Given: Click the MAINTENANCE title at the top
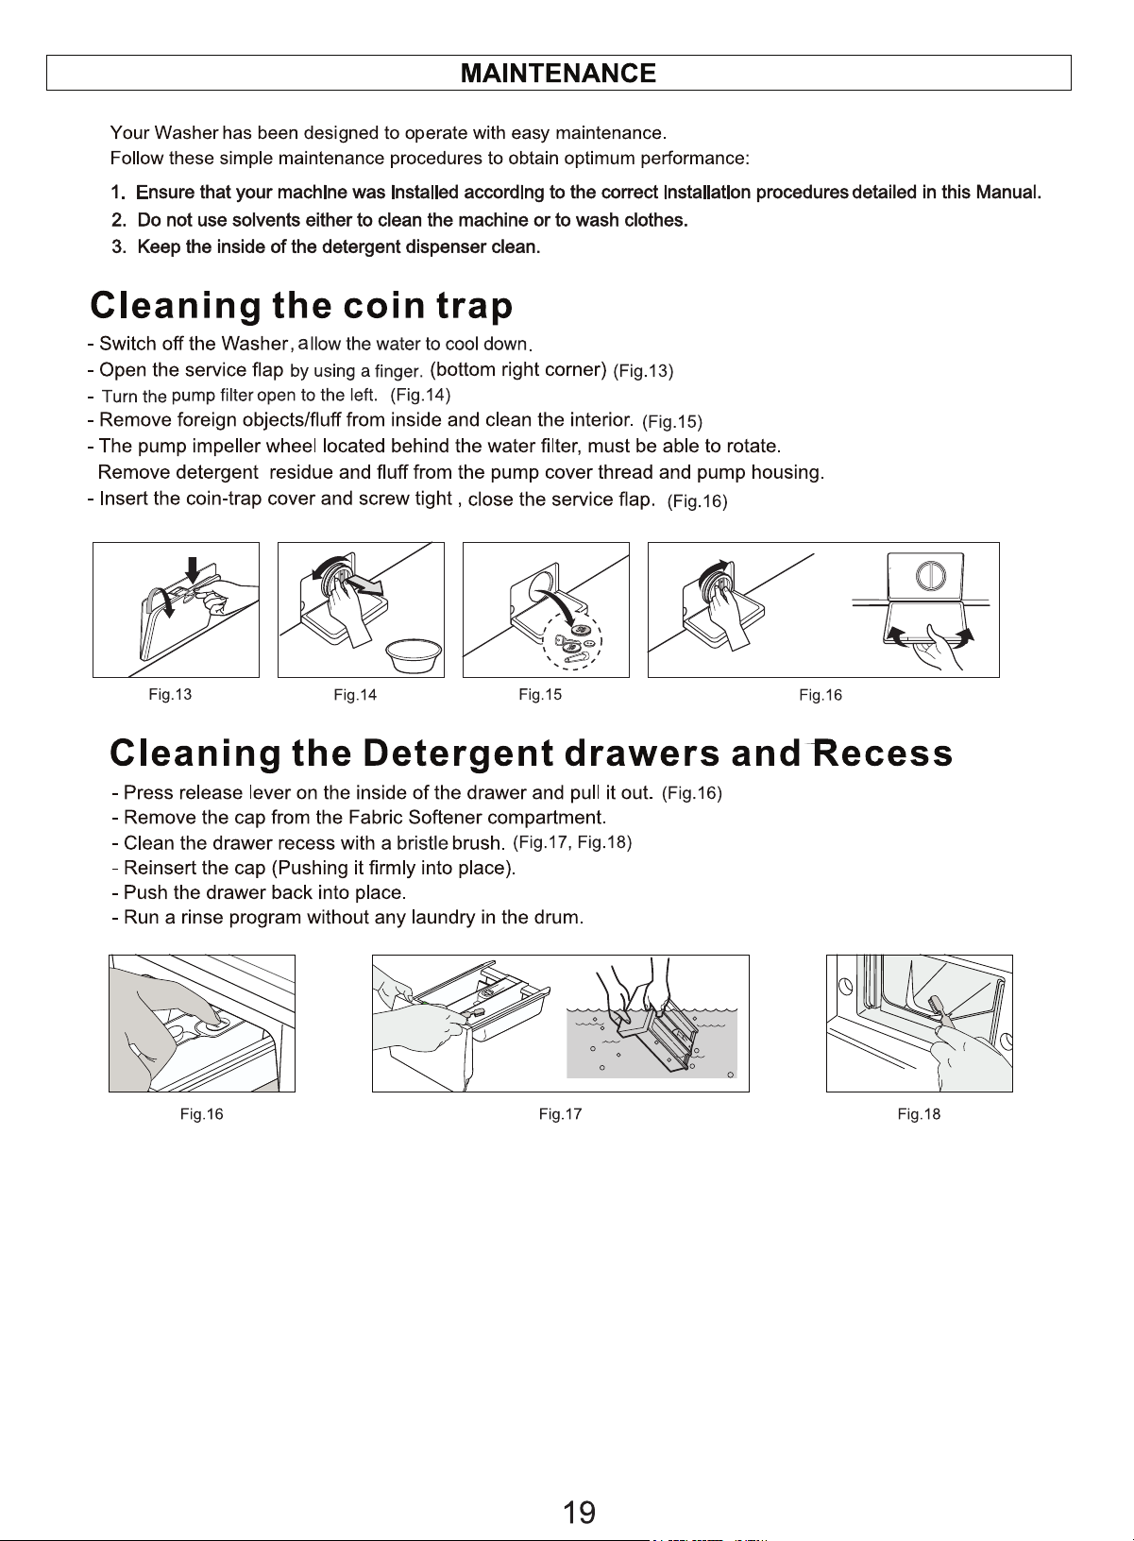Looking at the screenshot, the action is coord(558,73).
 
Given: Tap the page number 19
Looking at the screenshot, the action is coord(579,1512).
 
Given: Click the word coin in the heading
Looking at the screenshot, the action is coord(383,305).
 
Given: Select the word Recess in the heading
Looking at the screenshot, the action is coord(883,753).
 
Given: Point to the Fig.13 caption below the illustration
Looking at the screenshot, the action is coord(170,694).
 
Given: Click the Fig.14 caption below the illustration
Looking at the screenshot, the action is coord(355,695).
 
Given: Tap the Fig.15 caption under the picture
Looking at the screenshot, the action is coord(540,695).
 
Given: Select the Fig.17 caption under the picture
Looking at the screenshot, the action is coord(560,1114).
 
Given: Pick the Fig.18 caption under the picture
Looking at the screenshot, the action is coord(919,1114).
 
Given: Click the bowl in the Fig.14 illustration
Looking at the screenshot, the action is coord(414,655).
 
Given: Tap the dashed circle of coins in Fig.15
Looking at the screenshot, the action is coord(572,640).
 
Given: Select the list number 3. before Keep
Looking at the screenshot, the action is coord(119,247).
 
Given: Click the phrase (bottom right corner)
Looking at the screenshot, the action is coord(518,369).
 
